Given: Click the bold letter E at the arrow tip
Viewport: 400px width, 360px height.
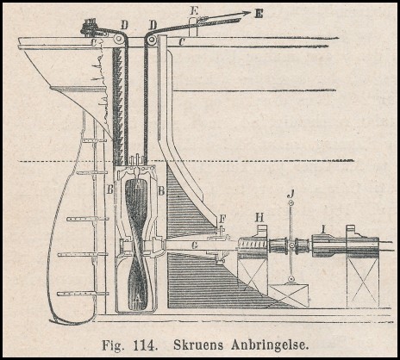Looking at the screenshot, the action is (x=259, y=14).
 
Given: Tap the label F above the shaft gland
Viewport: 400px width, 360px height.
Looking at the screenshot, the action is (x=222, y=220).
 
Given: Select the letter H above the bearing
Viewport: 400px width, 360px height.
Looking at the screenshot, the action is (x=259, y=218).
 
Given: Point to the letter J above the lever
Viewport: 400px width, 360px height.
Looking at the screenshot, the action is (x=291, y=196).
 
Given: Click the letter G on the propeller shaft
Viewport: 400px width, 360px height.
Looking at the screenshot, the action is (x=195, y=245).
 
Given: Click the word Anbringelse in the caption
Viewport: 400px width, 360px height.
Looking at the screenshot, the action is (x=270, y=344).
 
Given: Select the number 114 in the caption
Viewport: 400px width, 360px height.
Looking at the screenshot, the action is (x=145, y=344).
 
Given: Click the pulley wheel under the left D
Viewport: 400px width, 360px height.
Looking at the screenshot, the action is (x=118, y=39).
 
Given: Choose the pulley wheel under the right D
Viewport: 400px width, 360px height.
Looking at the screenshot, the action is (x=151, y=41).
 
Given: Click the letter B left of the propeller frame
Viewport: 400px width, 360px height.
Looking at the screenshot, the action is (x=109, y=189).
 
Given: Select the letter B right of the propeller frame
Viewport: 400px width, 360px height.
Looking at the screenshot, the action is (x=161, y=190).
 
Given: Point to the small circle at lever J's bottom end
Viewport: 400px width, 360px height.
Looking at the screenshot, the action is (x=291, y=279).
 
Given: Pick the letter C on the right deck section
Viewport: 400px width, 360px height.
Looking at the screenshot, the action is (x=181, y=42).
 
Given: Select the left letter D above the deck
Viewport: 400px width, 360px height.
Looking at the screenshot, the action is (x=124, y=25).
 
